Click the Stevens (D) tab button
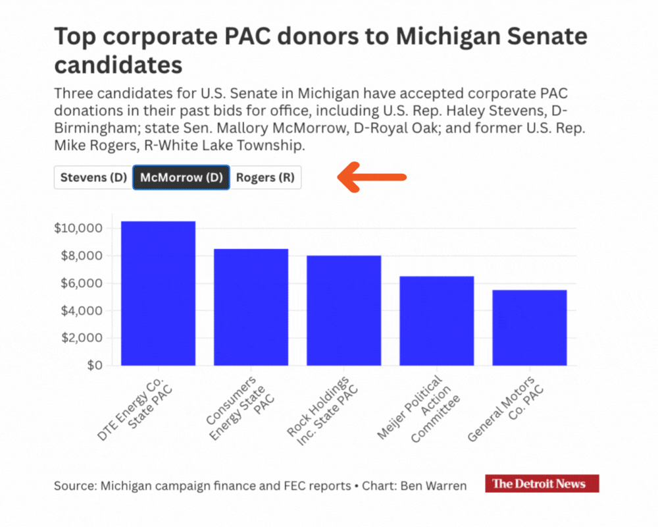pyautogui.click(x=93, y=177)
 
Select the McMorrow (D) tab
pyautogui.click(x=181, y=177)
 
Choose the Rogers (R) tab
pyautogui.click(x=265, y=177)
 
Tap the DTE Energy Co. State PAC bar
pyautogui.click(x=158, y=293)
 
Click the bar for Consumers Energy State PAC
pyautogui.click(x=251, y=307)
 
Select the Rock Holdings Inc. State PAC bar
pyautogui.click(x=344, y=310)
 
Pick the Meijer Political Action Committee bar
pyautogui.click(x=437, y=321)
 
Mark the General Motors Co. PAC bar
pyautogui.click(x=530, y=327)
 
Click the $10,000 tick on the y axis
pyautogui.click(x=78, y=229)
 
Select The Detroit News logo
pyautogui.click(x=542, y=484)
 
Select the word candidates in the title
pyautogui.click(x=118, y=65)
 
